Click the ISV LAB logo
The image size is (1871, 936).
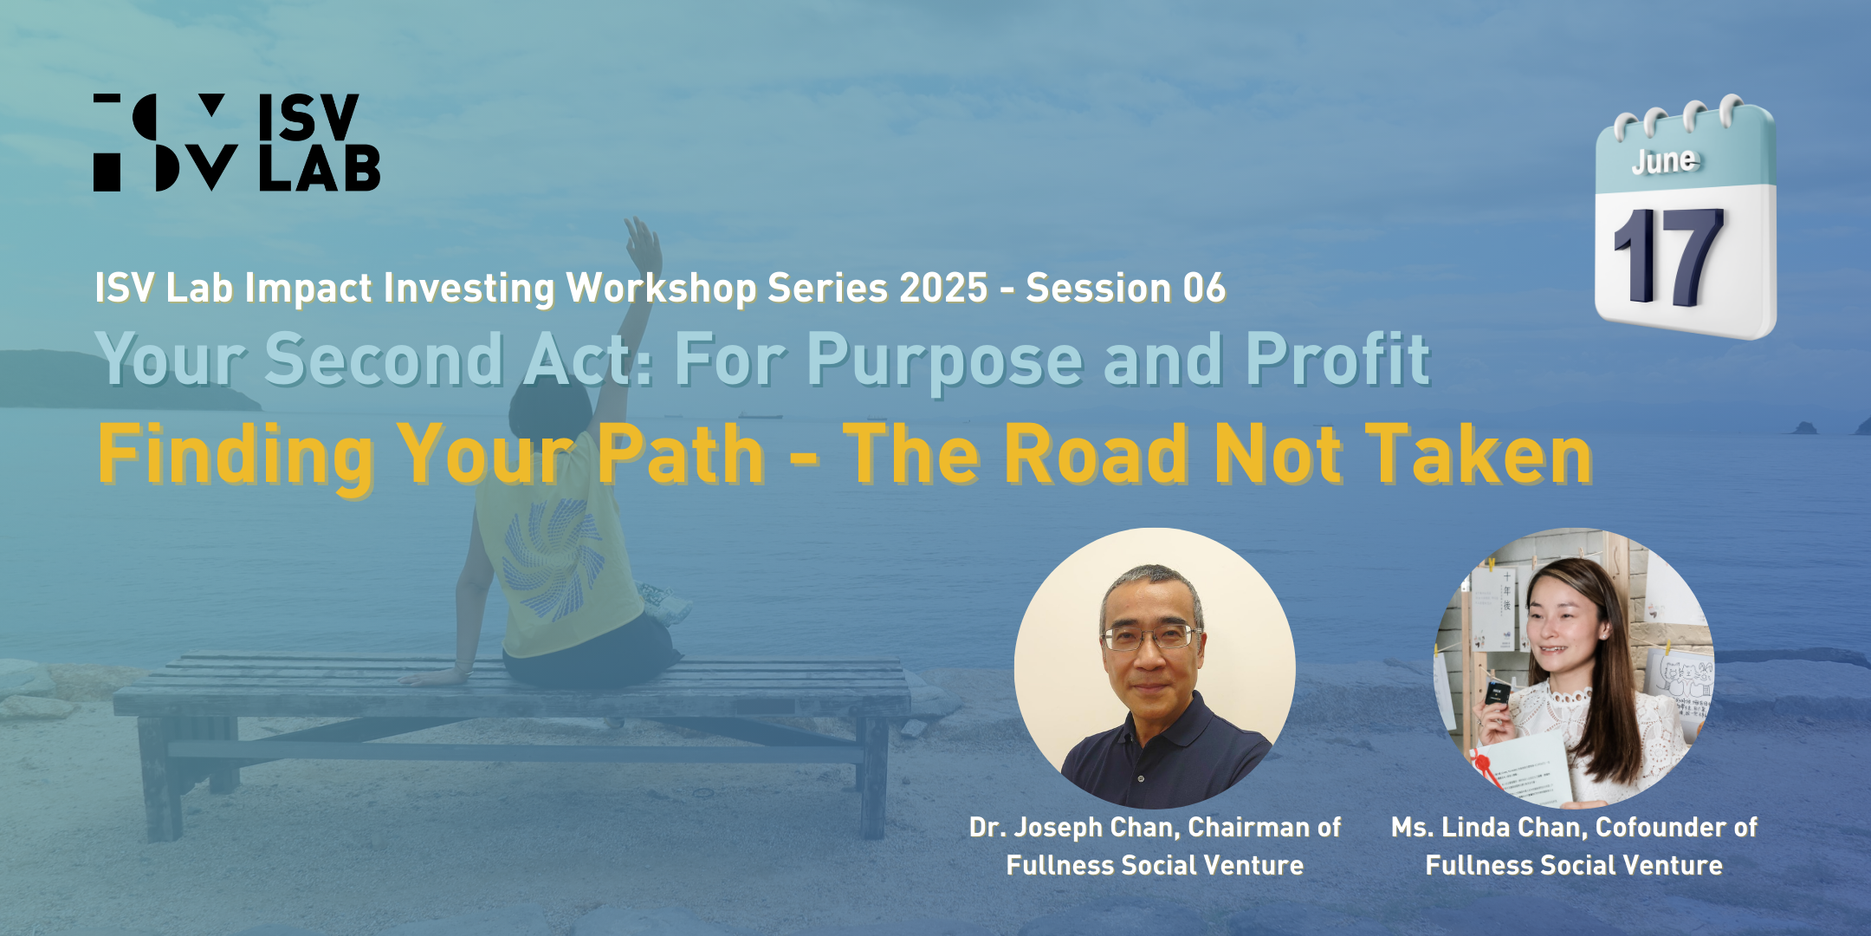(x=236, y=142)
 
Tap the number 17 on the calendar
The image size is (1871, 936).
(x=1668, y=257)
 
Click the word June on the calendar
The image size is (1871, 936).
(x=1665, y=161)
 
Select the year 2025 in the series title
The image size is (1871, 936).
(x=943, y=288)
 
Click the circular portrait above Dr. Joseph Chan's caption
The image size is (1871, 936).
(x=1155, y=668)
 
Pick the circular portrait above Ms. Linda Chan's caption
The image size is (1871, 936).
(x=1574, y=668)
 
